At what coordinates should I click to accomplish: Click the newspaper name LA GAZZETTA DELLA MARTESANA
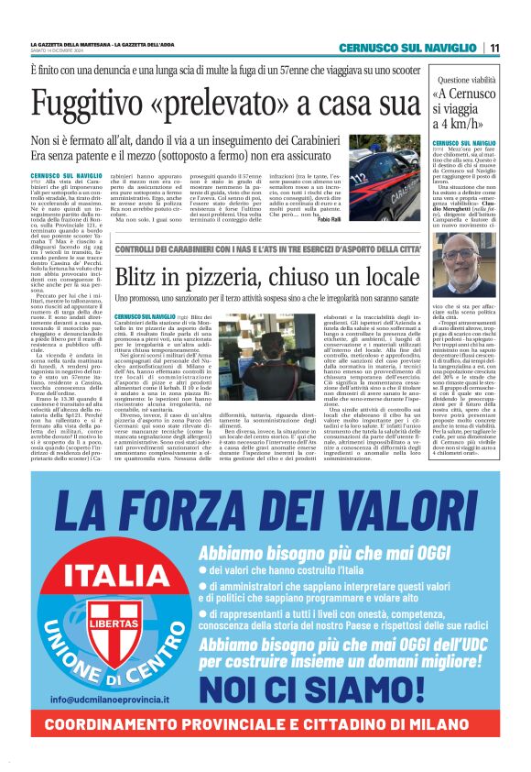(x=74, y=44)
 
